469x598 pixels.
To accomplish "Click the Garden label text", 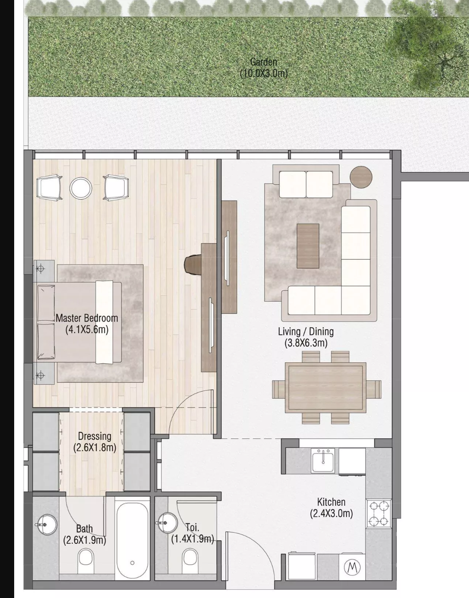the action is [x=263, y=62].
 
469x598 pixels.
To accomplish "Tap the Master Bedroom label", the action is [x=87, y=318].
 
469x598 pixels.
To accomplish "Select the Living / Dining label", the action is [x=306, y=331].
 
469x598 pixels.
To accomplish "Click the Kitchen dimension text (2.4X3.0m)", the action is [x=331, y=514].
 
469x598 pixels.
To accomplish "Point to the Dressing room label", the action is [x=95, y=436].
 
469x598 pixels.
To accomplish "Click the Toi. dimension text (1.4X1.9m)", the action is [x=192, y=538].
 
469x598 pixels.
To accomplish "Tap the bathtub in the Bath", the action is [x=132, y=541].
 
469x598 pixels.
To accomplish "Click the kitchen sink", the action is [x=323, y=461].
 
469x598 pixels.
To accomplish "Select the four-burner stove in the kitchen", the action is [x=379, y=514].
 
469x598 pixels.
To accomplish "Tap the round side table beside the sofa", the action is [x=361, y=177].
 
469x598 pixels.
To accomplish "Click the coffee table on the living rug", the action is [x=308, y=246].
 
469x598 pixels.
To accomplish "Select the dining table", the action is [x=325, y=388].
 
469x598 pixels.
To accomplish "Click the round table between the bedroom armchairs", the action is [x=81, y=187].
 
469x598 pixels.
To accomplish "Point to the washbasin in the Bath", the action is [x=47, y=525].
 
